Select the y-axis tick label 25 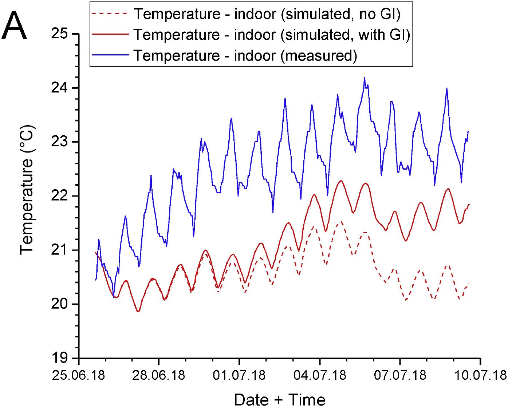click(x=59, y=34)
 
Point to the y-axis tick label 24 click(x=59, y=88)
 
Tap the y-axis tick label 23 click(x=59, y=142)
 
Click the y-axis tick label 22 click(x=59, y=196)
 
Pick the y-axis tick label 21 click(x=59, y=250)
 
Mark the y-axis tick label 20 click(x=59, y=304)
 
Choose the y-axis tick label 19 click(x=59, y=358)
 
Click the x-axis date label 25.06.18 click(x=79, y=375)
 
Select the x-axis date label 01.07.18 click(x=239, y=375)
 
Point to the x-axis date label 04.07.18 click(x=320, y=375)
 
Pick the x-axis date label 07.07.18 click(x=400, y=375)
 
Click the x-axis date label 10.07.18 click(x=480, y=375)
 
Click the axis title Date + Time click(x=279, y=400)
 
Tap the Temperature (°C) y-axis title click(x=27, y=190)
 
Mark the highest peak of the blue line click(x=364, y=78)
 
